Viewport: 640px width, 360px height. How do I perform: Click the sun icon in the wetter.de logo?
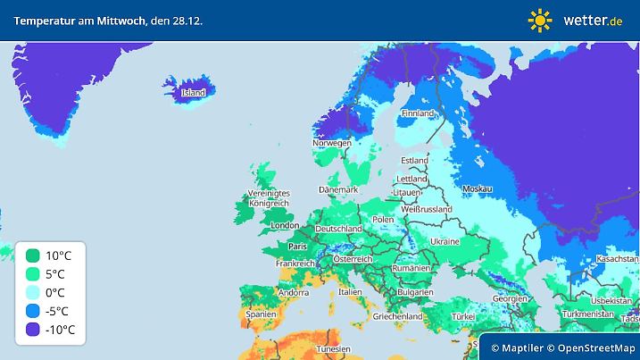(x=540, y=20)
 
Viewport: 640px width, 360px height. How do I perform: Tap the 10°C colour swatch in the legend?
(x=32, y=255)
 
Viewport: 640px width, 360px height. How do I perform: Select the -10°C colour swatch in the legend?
(x=32, y=330)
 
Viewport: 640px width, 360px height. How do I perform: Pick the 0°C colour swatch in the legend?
(x=32, y=292)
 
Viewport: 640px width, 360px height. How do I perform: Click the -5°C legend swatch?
(x=32, y=311)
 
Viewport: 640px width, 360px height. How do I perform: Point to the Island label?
(x=193, y=92)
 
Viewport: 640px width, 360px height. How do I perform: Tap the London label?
(x=284, y=226)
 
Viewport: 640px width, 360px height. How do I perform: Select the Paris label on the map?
(x=298, y=247)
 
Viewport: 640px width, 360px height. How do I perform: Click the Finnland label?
(x=417, y=113)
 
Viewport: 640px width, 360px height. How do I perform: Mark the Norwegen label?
(x=331, y=143)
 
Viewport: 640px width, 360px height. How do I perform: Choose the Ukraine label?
(x=445, y=242)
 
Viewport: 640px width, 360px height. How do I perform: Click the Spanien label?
(x=260, y=314)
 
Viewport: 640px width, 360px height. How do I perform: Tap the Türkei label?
(x=464, y=316)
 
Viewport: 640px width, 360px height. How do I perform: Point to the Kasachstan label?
(x=615, y=258)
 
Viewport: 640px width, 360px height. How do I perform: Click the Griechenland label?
(x=398, y=316)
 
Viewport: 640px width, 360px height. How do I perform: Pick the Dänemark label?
(x=338, y=189)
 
